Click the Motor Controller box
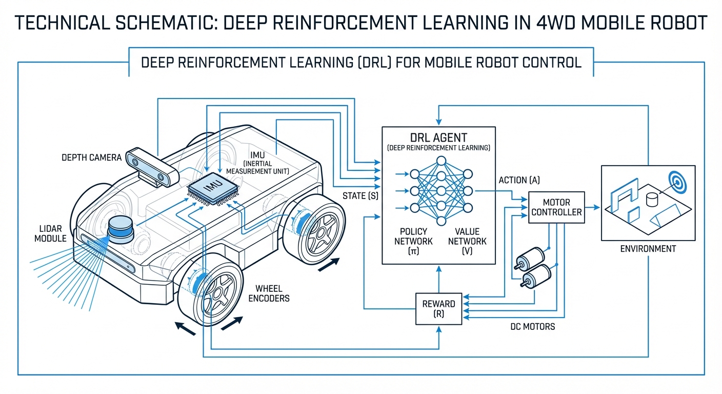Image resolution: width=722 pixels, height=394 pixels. coord(556,207)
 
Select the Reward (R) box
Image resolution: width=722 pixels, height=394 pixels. coord(438,309)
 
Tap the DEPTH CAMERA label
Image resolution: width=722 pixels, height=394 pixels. coord(92,157)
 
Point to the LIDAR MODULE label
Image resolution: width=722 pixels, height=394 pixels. coord(53,233)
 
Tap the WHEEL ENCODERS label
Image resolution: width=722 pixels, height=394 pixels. coord(269,293)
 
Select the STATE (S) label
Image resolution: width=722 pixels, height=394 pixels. coord(360,195)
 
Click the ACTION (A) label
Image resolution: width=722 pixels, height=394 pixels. coord(519,180)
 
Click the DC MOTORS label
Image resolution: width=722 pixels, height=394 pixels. coord(532,326)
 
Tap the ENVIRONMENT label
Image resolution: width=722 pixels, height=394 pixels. coord(648,249)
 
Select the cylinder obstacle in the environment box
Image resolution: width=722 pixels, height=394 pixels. coord(652,198)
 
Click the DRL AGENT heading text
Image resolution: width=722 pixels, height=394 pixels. coord(438,137)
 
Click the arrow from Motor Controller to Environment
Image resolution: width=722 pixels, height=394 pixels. coord(592,207)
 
